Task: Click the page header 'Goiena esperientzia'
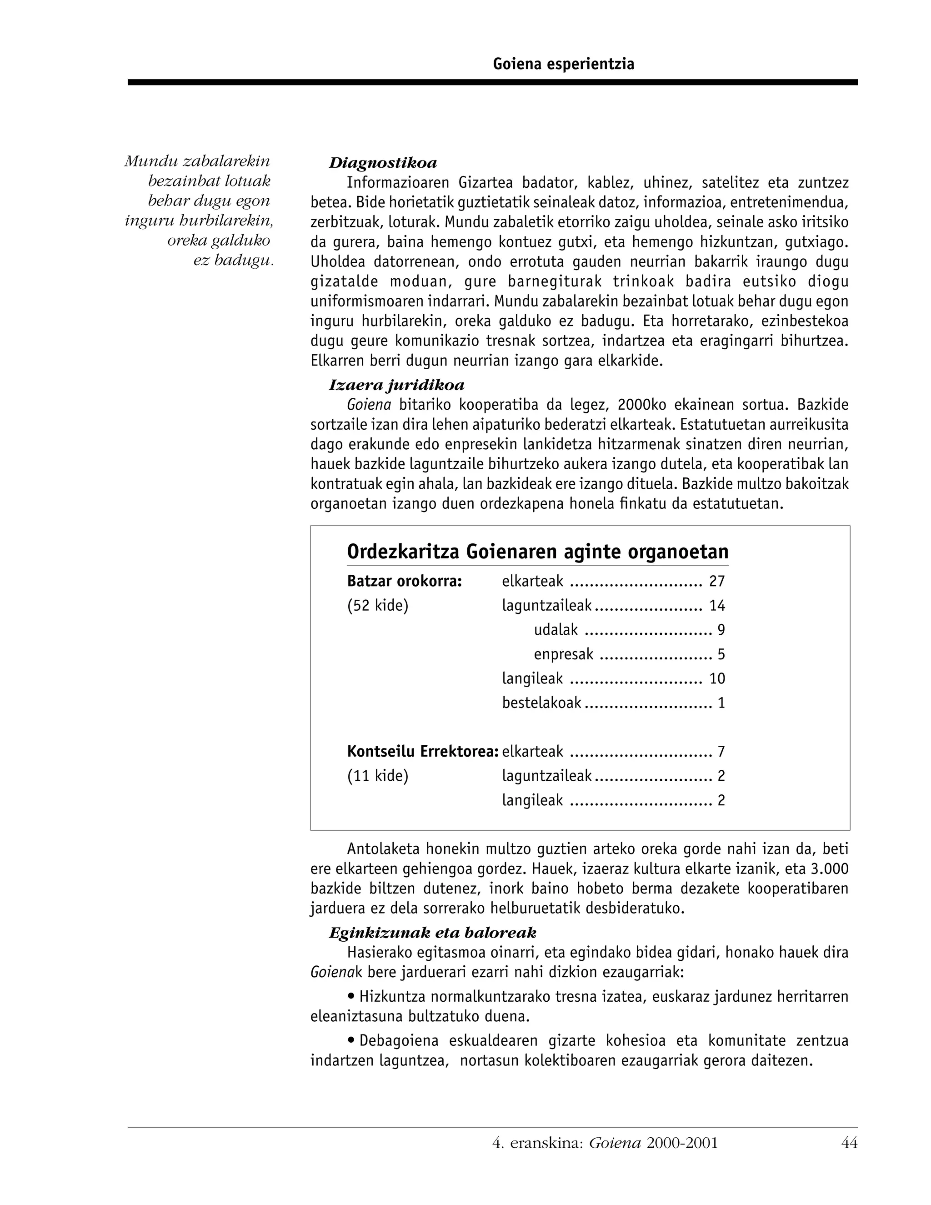563,65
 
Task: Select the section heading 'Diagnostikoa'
383,163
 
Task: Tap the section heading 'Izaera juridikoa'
396,385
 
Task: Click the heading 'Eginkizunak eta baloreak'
432,933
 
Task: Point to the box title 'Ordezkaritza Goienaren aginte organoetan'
537,552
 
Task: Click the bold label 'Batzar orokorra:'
404,582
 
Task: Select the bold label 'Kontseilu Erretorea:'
422,752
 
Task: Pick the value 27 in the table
716,582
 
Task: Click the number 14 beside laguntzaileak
716,606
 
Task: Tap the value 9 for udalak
721,630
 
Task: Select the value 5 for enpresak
721,654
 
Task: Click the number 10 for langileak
716,678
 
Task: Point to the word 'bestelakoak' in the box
541,703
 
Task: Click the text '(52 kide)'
377,606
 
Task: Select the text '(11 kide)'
377,776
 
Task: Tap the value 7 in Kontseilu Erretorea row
721,752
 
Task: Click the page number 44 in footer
849,1143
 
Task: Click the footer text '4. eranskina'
537,1143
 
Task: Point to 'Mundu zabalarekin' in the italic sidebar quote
197,161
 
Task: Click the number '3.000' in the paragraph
830,869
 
